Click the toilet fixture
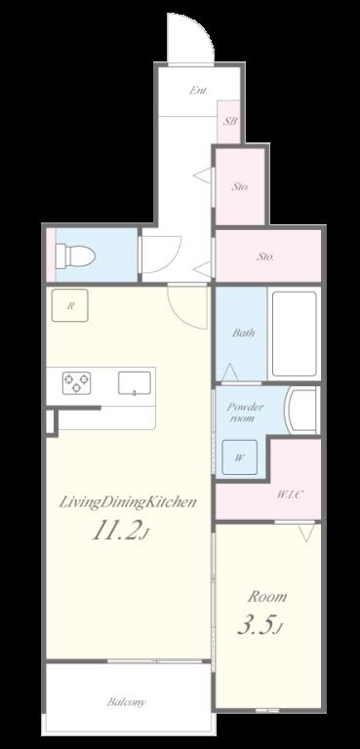75,256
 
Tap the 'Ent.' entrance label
198,91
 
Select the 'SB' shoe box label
229,121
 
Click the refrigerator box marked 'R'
70,305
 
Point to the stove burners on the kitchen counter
76,383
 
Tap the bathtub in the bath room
294,334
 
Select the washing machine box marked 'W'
240,457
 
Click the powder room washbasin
301,410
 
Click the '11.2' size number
117,532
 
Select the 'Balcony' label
126,702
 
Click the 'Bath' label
243,333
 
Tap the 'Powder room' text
244,413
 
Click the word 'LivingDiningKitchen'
128,502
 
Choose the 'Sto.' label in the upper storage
240,187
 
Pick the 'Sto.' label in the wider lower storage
264,256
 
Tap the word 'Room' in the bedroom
266,597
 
